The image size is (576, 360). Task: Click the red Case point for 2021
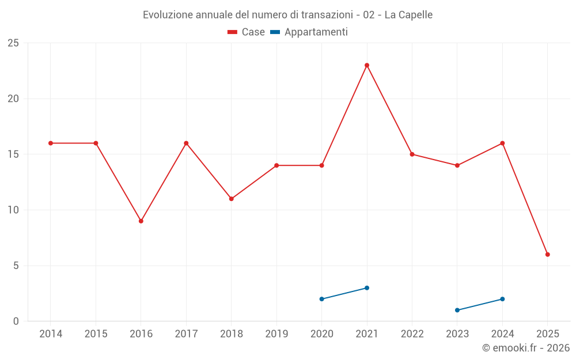367,65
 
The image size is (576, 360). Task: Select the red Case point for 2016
141,221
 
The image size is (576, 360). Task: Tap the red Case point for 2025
548,255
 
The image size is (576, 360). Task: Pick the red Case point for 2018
231,199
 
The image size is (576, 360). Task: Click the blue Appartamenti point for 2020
321,299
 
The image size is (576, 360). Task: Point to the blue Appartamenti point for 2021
367,288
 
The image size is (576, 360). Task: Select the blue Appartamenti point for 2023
457,310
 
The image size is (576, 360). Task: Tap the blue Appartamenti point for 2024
502,299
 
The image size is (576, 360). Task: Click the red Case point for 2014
51,143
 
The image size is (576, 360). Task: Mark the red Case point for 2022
412,154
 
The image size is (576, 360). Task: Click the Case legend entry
247,32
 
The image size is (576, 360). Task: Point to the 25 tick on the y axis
13,43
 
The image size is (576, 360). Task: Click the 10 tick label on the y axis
13,210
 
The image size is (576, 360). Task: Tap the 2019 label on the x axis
276,334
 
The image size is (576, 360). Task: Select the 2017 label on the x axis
186,334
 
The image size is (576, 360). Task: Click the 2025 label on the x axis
548,334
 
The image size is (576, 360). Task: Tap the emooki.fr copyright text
526,348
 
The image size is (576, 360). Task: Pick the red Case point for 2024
502,143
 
